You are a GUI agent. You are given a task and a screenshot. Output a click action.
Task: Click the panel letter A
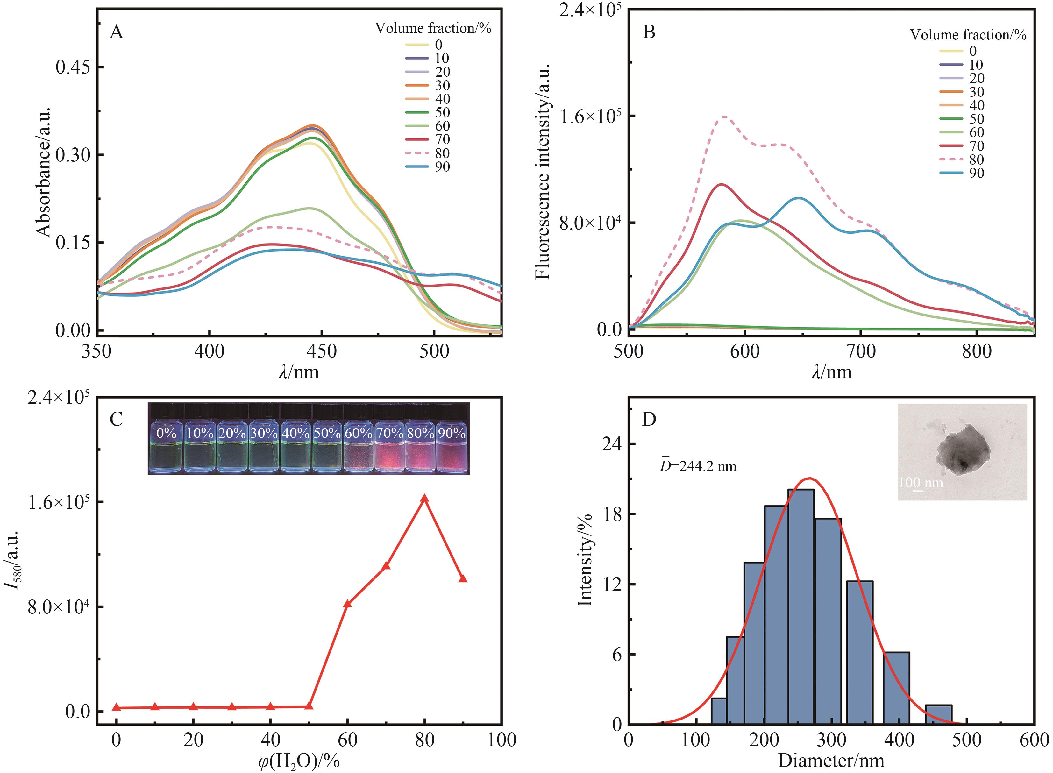tap(117, 33)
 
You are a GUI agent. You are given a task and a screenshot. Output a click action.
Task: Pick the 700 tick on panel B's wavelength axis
tap(861, 351)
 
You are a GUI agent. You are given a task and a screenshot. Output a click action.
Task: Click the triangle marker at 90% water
tap(463, 579)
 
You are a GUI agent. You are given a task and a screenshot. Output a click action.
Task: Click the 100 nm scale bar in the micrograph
tap(918, 490)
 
